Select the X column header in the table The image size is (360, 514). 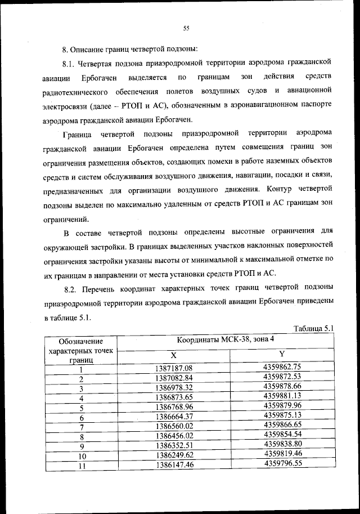point(173,355)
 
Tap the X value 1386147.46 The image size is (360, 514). point(174,465)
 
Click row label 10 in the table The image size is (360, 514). point(82,456)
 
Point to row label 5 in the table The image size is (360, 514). point(82,408)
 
